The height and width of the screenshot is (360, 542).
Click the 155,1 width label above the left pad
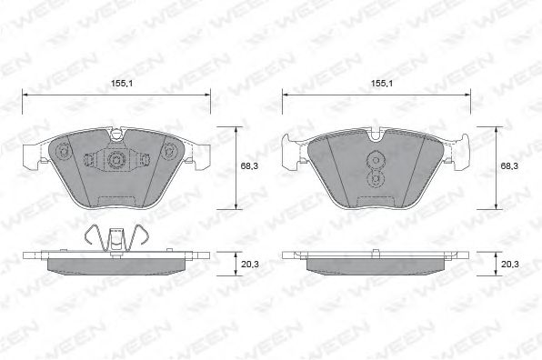(x=122, y=84)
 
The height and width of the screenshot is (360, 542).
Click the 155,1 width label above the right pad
(x=382, y=84)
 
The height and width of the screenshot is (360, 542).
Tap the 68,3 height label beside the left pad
(x=249, y=165)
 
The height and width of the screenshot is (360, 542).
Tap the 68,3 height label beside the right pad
(x=509, y=165)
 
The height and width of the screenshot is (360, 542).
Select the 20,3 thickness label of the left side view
(x=249, y=265)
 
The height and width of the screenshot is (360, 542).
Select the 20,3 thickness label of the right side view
(x=510, y=265)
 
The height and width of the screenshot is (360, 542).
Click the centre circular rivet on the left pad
(x=115, y=160)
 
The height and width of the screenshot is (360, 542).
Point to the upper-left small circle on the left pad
(x=63, y=151)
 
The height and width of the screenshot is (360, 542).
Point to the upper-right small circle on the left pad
(x=169, y=151)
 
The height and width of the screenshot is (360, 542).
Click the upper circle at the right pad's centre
(x=376, y=160)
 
